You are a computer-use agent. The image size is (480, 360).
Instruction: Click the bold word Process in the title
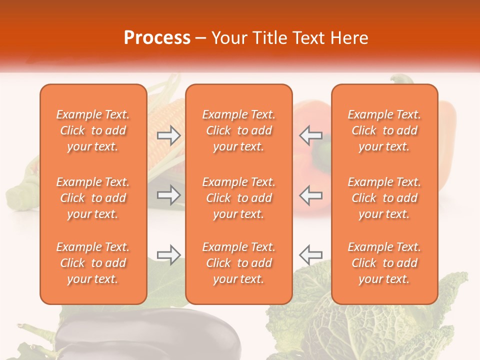coord(157,38)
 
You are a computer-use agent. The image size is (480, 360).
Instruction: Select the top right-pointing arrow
coord(169,135)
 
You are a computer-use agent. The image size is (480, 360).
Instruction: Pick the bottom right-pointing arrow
coord(169,255)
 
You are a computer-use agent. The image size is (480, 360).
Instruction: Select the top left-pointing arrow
coord(310,135)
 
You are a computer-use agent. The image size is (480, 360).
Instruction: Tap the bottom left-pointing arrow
coord(310,255)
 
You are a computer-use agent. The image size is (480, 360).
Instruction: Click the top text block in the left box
coord(93,130)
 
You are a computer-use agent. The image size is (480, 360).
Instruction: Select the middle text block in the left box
coord(93,198)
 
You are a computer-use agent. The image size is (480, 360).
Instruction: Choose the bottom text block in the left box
coord(93,263)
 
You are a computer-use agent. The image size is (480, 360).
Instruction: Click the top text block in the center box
coord(238,130)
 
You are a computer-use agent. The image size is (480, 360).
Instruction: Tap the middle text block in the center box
coord(238,198)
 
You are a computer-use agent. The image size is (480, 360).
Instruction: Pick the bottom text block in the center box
coord(238,263)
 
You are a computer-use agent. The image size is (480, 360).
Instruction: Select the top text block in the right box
coord(384,130)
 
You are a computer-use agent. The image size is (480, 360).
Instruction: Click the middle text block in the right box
coord(384,198)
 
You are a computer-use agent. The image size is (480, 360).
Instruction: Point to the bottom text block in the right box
coord(384,263)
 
